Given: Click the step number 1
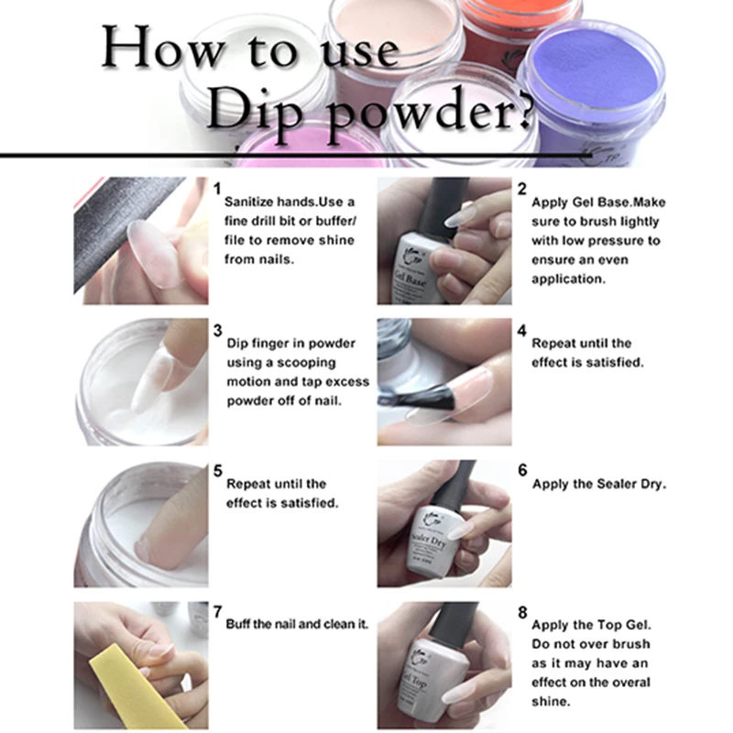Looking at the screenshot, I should coord(217,188).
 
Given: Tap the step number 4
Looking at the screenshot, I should coord(522,330).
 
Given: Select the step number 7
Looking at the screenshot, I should coord(217,610).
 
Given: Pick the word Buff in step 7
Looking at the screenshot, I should coord(240,624).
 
